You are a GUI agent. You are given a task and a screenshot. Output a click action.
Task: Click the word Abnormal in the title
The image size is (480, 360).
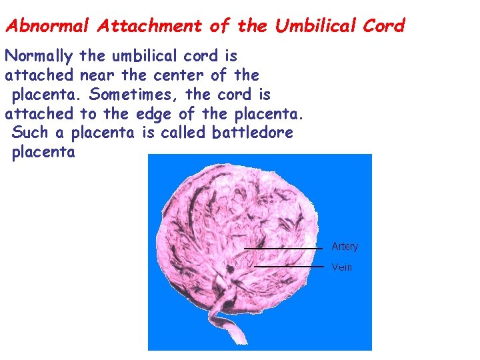tap(47, 26)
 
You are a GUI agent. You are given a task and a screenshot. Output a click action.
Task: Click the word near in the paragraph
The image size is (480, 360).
tap(99, 75)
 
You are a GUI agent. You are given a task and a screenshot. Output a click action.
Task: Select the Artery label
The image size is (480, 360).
tap(345, 247)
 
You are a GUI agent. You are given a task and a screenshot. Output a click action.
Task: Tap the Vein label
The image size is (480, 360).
tap(342, 267)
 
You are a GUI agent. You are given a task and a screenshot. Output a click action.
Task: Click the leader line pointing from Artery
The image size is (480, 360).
tap(283, 248)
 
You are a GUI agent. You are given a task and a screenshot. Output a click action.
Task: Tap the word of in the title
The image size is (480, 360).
tap(219, 26)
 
